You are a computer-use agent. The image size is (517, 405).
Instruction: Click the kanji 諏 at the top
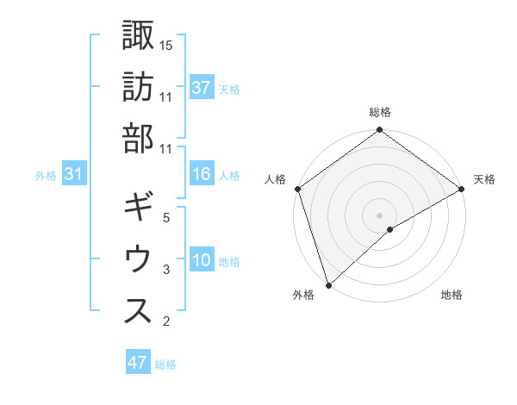[139, 36]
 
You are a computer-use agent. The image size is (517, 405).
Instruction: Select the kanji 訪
[139, 87]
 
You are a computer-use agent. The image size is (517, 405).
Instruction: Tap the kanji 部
[139, 138]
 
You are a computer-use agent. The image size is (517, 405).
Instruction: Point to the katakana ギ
[139, 209]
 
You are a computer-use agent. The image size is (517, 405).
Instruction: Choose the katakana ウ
[139, 259]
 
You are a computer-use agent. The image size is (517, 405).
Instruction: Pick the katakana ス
[139, 311]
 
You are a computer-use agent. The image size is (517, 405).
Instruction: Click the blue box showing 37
[202, 88]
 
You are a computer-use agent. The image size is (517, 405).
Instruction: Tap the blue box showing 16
[202, 175]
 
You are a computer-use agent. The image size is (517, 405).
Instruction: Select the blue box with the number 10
[202, 260]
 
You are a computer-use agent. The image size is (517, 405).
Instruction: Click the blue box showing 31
[74, 175]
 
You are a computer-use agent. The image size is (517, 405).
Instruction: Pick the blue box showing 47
[138, 363]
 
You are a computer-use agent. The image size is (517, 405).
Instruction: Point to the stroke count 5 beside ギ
[166, 218]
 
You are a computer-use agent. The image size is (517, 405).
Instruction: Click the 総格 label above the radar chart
[380, 112]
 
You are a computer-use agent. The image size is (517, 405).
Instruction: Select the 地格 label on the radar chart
[452, 296]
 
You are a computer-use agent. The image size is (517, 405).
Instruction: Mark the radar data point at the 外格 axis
[328, 284]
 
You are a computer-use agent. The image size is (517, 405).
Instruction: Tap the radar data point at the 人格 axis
[297, 189]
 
